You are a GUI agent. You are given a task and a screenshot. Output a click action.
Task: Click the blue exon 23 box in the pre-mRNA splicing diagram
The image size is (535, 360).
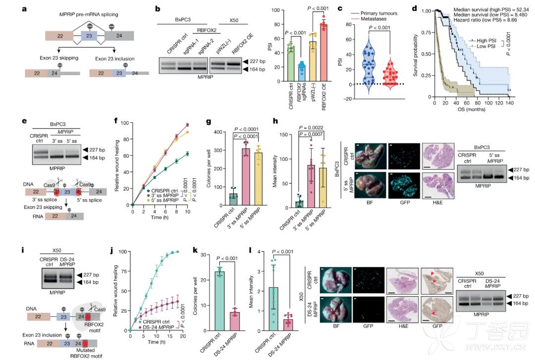coord(92,36)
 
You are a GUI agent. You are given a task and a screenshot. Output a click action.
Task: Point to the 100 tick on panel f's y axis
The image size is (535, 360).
coord(124,122)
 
